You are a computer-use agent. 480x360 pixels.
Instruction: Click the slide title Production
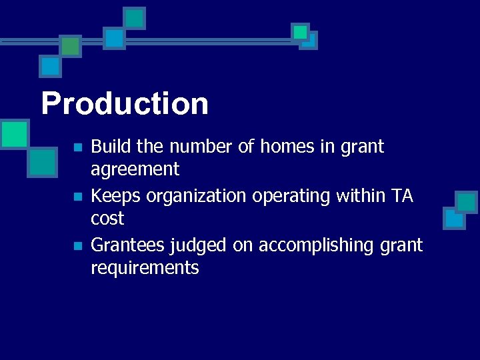(x=125, y=104)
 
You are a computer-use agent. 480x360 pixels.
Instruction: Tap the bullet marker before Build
(x=78, y=147)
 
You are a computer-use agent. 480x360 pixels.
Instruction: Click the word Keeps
(x=111, y=196)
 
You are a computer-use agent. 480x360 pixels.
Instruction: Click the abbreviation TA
(x=402, y=195)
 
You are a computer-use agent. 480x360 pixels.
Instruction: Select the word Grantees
(x=127, y=245)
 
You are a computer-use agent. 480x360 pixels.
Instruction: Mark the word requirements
(x=145, y=269)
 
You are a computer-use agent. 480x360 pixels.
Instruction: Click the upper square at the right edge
(x=466, y=201)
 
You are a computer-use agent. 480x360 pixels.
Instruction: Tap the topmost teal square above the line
(x=135, y=18)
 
